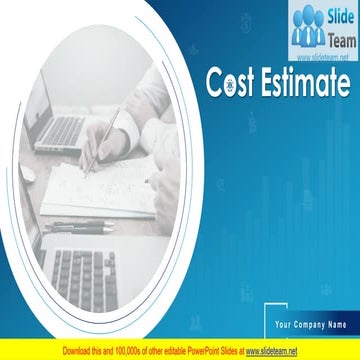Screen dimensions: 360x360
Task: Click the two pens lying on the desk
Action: (x=80, y=229)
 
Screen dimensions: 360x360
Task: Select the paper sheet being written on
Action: (x=95, y=190)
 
